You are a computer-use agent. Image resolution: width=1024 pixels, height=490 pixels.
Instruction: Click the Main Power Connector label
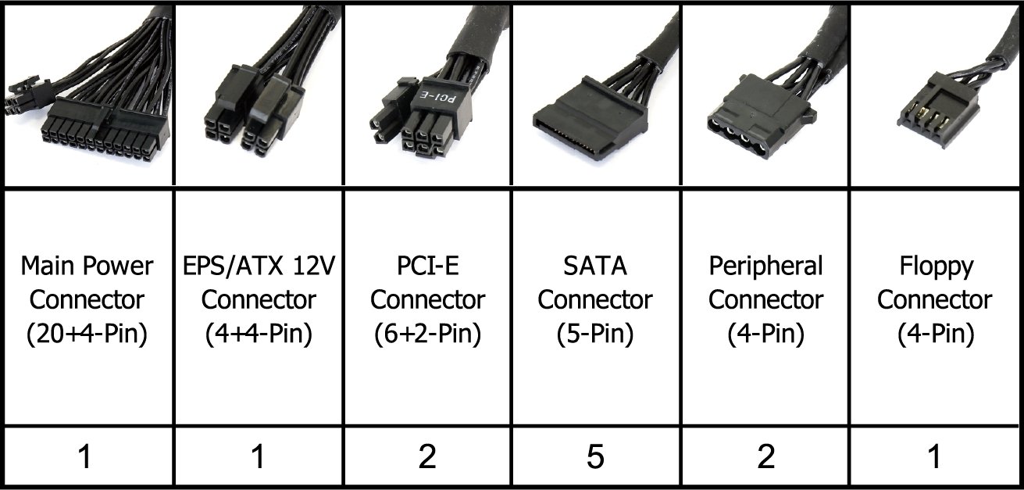tap(85, 300)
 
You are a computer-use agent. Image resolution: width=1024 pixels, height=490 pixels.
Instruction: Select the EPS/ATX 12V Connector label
tap(257, 300)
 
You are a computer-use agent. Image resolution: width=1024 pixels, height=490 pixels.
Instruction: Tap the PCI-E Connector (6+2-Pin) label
tap(426, 300)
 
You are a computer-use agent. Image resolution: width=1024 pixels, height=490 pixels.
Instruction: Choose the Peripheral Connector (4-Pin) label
tap(765, 300)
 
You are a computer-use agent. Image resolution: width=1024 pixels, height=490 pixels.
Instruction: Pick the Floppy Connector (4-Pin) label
tap(935, 300)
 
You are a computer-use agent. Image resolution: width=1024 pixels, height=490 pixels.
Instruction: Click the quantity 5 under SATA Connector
tap(596, 457)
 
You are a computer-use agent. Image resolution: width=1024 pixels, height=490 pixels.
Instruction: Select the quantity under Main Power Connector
tap(85, 457)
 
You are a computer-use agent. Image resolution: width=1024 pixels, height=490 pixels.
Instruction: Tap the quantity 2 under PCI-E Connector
tap(426, 457)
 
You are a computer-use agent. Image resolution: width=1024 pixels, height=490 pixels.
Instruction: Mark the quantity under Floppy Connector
tap(935, 457)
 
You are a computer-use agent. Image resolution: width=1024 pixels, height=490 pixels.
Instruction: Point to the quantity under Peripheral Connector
tap(765, 457)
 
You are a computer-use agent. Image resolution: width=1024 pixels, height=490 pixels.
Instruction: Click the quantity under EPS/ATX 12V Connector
tap(257, 457)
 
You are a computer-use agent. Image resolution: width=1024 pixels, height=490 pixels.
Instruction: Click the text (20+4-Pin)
tap(85, 334)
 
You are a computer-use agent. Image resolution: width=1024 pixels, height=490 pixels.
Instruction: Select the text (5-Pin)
tap(595, 334)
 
